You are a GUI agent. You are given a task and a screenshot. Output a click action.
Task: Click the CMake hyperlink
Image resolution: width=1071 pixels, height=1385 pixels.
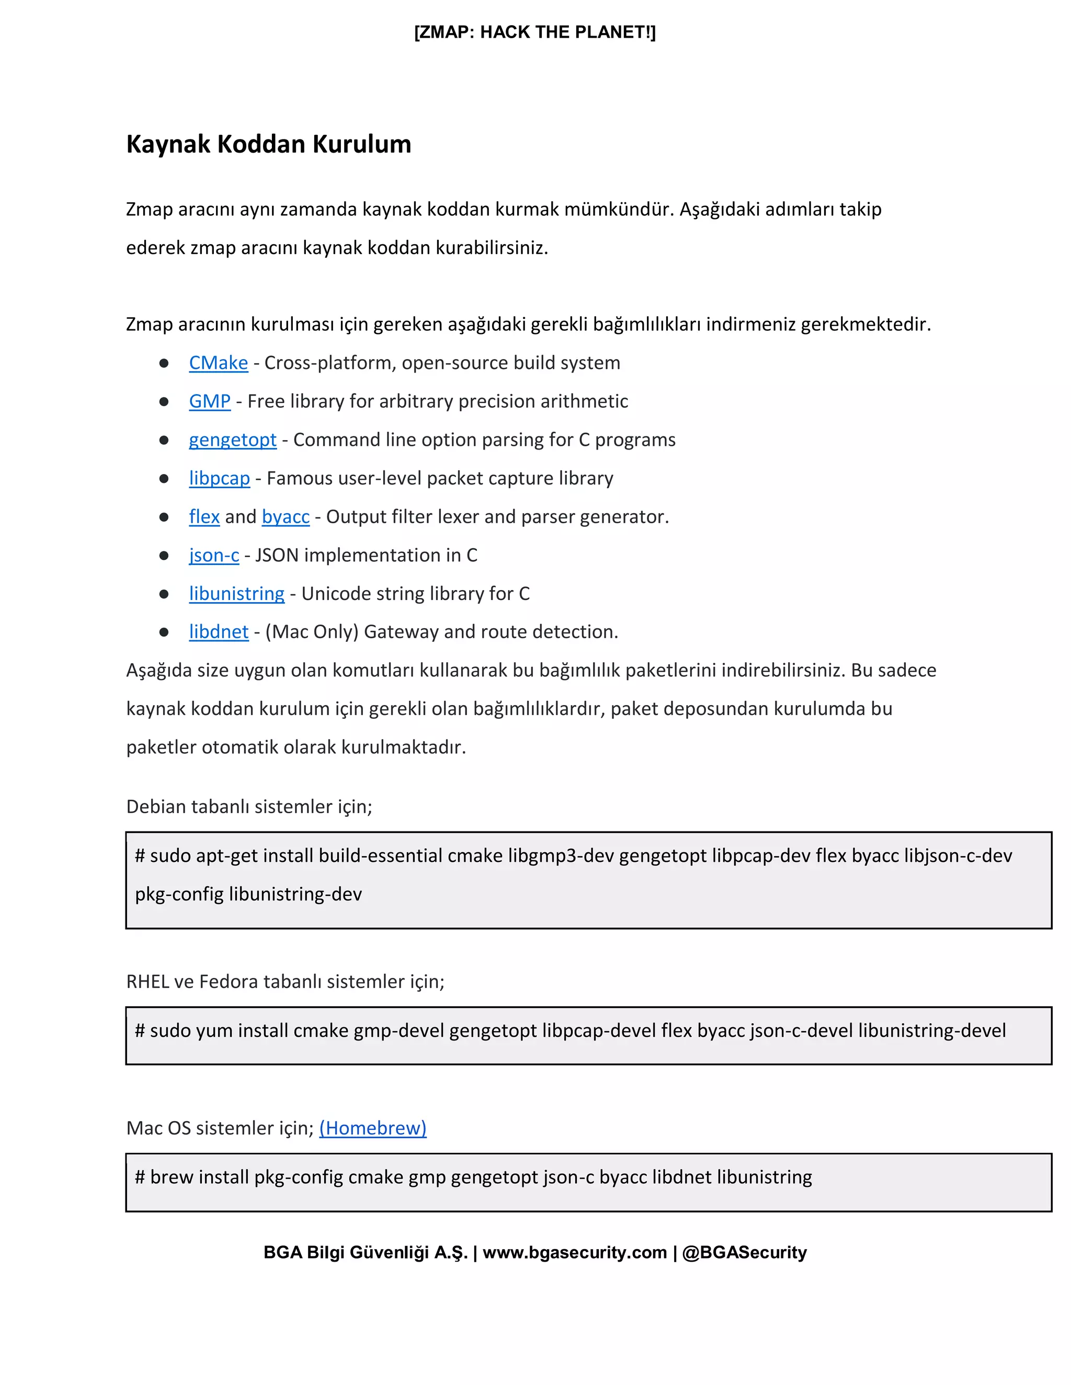point(218,363)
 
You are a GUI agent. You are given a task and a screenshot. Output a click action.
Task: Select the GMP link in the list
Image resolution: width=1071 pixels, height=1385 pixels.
point(209,401)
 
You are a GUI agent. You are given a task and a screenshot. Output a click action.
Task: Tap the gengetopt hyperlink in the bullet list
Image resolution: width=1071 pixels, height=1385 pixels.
point(232,440)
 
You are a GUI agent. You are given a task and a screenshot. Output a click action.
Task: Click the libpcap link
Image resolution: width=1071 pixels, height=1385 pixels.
point(219,478)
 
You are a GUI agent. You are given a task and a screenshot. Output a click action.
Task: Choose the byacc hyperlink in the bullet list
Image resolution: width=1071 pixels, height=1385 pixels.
point(286,517)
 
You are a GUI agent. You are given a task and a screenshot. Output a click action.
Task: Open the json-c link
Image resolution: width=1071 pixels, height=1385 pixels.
point(214,556)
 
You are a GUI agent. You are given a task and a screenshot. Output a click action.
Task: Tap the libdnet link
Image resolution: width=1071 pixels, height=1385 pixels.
point(218,632)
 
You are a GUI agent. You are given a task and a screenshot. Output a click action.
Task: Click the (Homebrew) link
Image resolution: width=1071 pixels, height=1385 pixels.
point(372,1128)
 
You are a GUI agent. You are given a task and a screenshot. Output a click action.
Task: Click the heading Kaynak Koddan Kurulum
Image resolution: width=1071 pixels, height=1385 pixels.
point(268,145)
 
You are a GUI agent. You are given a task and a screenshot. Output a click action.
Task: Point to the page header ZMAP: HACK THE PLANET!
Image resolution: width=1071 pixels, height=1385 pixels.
point(535,32)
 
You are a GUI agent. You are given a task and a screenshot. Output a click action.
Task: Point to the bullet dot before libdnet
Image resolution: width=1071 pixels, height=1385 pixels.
point(164,632)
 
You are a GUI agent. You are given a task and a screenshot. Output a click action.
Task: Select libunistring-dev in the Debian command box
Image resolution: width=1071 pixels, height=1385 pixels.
point(295,894)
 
